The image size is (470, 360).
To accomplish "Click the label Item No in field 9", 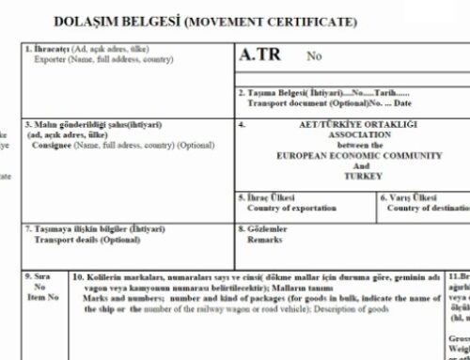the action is coord(43,295).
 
